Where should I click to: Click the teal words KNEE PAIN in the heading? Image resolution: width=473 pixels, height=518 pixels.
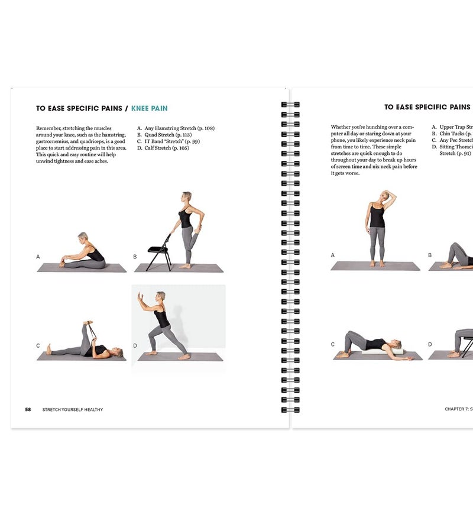click(x=149, y=108)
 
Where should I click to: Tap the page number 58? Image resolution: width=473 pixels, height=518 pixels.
click(x=28, y=409)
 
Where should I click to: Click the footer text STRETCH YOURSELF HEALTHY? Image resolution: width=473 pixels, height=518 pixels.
click(x=73, y=409)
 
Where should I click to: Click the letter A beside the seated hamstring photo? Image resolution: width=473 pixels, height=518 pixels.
click(x=38, y=257)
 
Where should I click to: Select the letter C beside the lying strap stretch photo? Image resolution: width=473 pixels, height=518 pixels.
click(x=38, y=345)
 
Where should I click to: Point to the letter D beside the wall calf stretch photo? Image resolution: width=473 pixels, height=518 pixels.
click(x=135, y=345)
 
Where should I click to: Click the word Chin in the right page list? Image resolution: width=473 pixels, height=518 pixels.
click(x=445, y=134)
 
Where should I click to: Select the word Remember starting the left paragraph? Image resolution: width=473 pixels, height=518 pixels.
click(x=49, y=128)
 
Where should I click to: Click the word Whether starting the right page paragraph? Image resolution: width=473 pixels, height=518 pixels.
click(x=341, y=127)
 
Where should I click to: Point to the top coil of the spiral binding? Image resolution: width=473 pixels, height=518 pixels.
click(x=290, y=104)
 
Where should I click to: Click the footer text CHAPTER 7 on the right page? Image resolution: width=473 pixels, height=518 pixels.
click(x=456, y=409)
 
